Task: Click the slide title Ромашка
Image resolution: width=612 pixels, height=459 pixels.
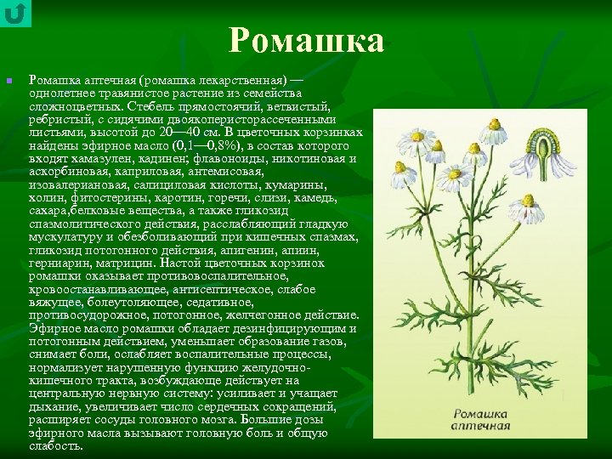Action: click(x=306, y=41)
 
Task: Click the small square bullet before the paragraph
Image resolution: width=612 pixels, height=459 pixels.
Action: click(x=9, y=81)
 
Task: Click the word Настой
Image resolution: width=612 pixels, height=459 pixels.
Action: click(x=182, y=263)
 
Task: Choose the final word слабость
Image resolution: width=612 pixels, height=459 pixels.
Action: click(x=55, y=446)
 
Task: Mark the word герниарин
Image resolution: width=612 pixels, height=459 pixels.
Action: click(x=57, y=263)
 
